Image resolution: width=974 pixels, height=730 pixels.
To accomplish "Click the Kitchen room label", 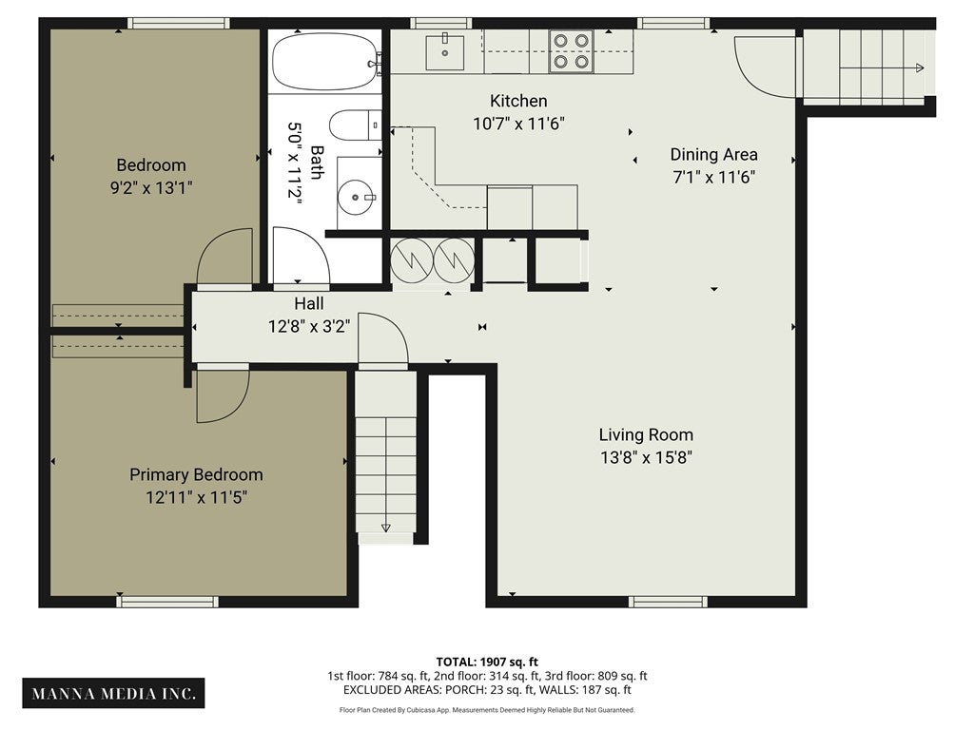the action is click(x=518, y=101).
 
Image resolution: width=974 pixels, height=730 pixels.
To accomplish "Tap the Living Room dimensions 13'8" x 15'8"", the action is click(x=646, y=457).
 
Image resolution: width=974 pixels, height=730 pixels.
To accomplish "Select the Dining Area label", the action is click(x=713, y=154).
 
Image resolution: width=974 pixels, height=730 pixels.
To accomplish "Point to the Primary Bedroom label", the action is click(x=196, y=474).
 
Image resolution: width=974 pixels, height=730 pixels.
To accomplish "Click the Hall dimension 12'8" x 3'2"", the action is click(x=309, y=325).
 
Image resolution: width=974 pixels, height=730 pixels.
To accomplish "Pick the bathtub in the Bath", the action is click(x=326, y=62).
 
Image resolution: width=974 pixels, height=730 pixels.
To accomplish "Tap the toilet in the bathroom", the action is click(x=355, y=125).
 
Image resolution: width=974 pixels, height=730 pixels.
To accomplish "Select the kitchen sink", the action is click(x=445, y=52).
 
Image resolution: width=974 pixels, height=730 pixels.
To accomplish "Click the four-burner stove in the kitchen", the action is click(x=571, y=51).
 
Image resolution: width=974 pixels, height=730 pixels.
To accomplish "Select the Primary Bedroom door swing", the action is click(x=224, y=396).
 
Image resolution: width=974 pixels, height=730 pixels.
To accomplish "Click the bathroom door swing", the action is click(x=301, y=256).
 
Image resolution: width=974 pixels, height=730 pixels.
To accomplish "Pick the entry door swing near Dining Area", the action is click(x=765, y=67).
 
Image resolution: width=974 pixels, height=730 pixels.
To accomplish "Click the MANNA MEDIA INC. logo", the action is click(x=114, y=693).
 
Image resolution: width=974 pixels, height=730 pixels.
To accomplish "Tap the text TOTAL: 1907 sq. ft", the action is click(x=487, y=662).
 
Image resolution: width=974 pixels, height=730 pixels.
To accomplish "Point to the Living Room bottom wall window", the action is click(x=668, y=602).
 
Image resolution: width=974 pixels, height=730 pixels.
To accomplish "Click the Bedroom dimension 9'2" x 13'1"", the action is click(x=151, y=187).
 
